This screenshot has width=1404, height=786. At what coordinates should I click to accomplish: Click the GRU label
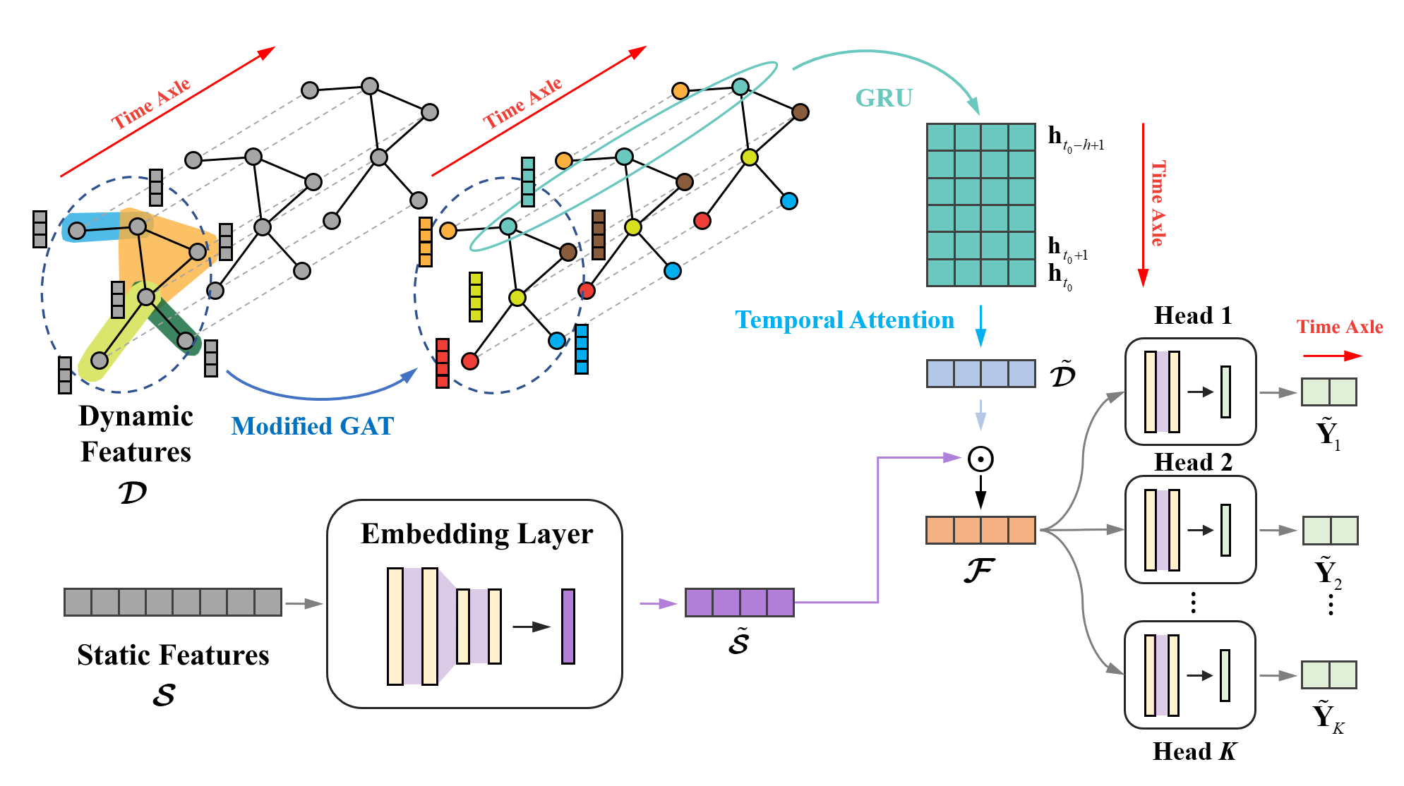click(884, 98)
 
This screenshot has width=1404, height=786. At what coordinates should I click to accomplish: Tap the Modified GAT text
click(312, 426)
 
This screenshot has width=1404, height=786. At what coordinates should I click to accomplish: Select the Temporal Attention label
click(844, 320)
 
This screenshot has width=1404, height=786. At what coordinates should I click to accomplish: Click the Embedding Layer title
click(476, 534)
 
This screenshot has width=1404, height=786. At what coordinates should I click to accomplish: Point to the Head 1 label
click(1193, 315)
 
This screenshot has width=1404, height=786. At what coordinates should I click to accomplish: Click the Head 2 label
click(1193, 462)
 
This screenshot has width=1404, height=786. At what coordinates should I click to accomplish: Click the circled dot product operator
click(980, 459)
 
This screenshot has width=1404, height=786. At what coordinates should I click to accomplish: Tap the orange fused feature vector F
click(980, 530)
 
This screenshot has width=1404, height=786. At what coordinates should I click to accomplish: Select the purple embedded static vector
click(739, 603)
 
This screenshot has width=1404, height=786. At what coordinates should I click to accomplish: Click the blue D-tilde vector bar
click(980, 374)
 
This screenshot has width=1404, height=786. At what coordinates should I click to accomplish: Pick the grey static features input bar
click(173, 602)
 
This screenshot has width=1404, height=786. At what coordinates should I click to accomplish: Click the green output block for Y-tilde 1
click(1328, 392)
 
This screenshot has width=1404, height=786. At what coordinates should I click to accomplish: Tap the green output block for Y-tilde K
click(1328, 675)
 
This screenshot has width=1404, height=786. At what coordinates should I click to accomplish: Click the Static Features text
click(173, 655)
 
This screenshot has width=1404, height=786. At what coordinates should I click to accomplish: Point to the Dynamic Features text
click(136, 434)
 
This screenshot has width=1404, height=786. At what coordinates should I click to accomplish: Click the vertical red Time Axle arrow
click(1143, 205)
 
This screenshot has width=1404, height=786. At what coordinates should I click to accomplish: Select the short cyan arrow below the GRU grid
click(980, 326)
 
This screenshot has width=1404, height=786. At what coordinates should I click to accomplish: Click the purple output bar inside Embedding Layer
click(568, 627)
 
